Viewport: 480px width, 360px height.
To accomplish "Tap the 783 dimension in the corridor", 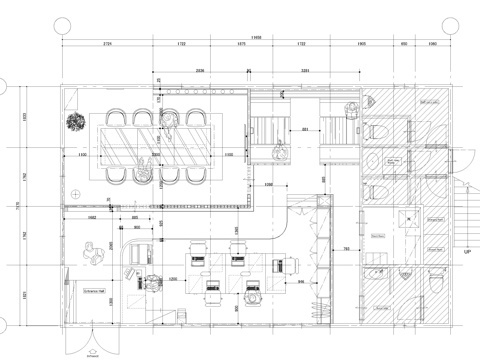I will point(345,248).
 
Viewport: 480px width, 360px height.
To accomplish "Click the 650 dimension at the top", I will point(404,45).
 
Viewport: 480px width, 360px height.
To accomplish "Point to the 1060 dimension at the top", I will point(432,45).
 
